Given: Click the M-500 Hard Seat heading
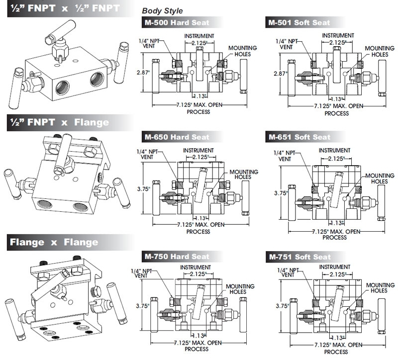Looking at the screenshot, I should [177, 22].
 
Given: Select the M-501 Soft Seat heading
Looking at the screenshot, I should [299, 22].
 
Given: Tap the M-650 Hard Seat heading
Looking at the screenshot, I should [177, 137].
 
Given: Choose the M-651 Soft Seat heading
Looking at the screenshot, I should [299, 137].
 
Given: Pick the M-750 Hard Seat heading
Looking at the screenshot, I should [177, 257].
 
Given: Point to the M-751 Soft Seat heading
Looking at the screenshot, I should [299, 257].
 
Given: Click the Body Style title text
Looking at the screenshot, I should [162, 10].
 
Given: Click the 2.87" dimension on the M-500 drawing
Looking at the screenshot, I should [143, 72].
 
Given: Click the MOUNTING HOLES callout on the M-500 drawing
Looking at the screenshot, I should [242, 51].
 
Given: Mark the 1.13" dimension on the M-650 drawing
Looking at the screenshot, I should [200, 218].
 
